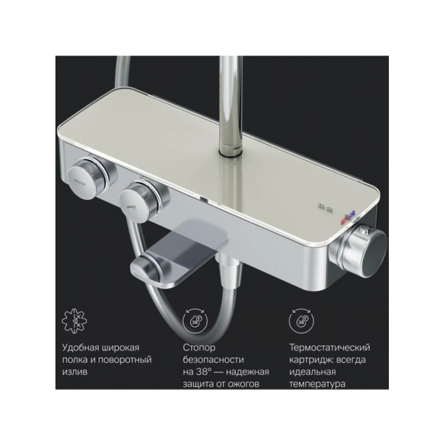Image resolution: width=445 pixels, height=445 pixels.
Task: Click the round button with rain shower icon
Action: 84,178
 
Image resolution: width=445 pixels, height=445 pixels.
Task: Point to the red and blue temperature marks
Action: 348,218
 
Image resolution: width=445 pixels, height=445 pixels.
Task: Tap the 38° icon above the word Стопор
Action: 195,320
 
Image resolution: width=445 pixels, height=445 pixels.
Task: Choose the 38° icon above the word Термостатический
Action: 301,320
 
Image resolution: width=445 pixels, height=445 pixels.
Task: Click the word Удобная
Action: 80,348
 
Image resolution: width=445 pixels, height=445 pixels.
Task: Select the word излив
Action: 75,372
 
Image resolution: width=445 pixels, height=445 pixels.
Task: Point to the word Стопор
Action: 199,348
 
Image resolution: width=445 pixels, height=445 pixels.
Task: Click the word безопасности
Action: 213,360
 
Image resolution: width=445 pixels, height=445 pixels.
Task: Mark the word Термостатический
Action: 329,348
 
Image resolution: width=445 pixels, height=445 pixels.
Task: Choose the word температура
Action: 317,385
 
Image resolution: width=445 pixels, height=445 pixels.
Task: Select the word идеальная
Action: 312,372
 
